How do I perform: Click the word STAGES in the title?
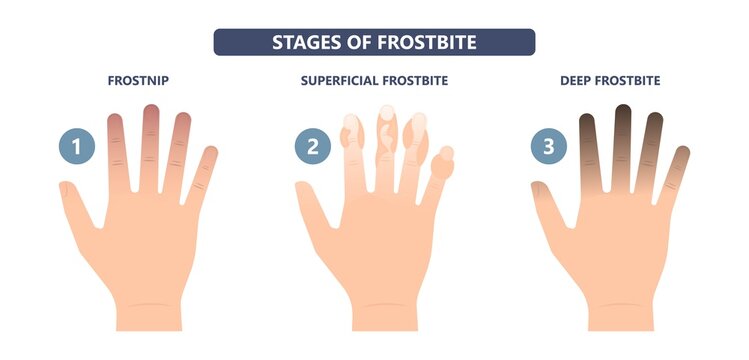click(x=304, y=42)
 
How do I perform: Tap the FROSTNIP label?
click(x=137, y=80)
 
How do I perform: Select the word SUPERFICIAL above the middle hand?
click(x=345, y=80)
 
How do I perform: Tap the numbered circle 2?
click(x=312, y=148)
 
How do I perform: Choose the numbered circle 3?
click(x=547, y=148)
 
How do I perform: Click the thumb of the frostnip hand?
click(x=72, y=200)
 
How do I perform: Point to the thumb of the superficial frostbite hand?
click(x=309, y=200)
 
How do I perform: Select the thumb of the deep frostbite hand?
click(x=545, y=200)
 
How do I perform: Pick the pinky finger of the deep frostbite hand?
click(x=677, y=170)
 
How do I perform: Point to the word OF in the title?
click(x=358, y=42)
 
